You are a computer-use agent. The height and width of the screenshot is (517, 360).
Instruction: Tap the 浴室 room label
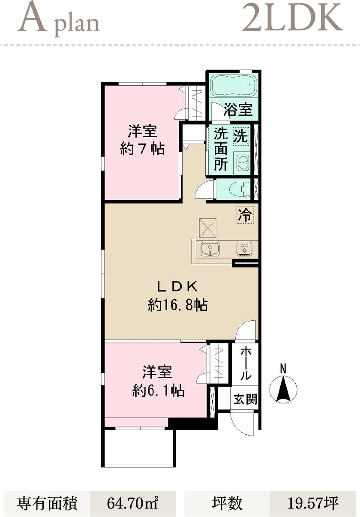tap(238, 109)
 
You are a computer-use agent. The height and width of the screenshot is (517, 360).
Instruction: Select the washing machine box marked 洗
tap(241, 136)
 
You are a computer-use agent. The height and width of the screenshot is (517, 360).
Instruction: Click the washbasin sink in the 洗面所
tap(242, 161)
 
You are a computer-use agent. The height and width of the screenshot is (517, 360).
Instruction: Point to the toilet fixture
tap(240, 189)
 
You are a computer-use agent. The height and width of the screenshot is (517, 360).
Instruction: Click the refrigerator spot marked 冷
tap(245, 215)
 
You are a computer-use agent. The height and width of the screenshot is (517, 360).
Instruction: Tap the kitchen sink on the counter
tap(210, 249)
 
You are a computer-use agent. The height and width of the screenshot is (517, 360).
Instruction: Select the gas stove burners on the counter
tap(244, 249)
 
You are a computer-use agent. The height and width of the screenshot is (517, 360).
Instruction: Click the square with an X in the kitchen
tap(208, 228)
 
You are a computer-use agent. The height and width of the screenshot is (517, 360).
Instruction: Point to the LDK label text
tap(177, 287)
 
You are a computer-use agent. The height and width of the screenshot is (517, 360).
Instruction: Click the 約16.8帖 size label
tap(177, 305)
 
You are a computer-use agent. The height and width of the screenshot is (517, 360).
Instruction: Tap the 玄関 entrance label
tap(245, 399)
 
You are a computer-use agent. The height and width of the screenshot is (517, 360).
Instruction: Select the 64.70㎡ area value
tap(132, 503)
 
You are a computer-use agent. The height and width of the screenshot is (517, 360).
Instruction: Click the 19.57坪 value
tap(313, 503)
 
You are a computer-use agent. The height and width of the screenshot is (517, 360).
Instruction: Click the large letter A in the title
tap(32, 18)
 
